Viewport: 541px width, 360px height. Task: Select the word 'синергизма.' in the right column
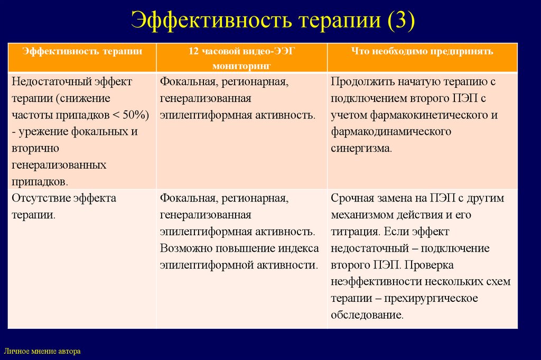point(362,149)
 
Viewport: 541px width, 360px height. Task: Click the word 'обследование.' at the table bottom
point(367,315)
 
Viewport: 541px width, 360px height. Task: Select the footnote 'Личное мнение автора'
point(42,350)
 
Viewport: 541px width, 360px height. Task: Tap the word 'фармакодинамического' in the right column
point(391,132)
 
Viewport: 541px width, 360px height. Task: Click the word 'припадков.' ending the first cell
point(40,181)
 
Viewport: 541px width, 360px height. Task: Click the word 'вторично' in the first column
point(35,149)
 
